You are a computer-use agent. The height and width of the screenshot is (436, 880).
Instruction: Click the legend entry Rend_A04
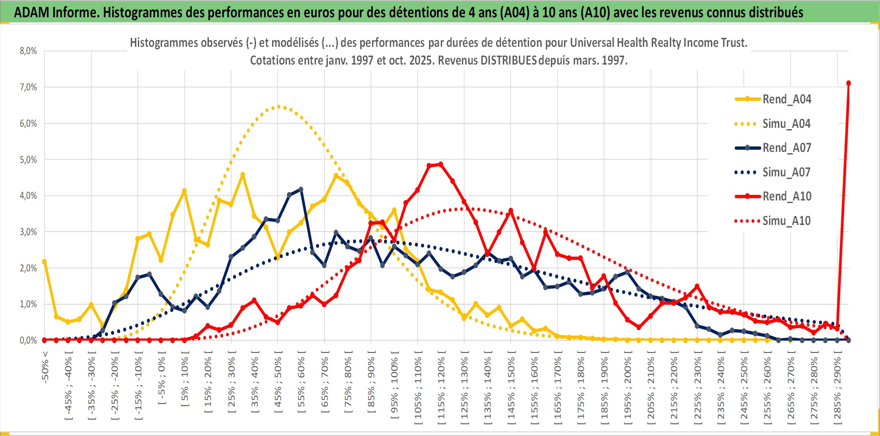coord(786,99)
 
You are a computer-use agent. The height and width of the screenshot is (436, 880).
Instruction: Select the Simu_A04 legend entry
coord(786,124)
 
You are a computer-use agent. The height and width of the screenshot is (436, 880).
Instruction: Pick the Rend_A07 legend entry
coord(786,148)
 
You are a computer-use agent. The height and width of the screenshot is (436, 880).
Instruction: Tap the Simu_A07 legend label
coord(786,172)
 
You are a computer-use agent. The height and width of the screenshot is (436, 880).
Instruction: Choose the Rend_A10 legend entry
coord(786,196)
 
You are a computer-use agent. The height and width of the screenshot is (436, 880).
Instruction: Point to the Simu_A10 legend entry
coord(786,221)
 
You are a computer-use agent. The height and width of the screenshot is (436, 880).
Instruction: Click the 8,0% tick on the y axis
coord(28,51)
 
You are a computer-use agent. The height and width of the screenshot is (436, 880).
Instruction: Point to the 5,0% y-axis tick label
coord(28,160)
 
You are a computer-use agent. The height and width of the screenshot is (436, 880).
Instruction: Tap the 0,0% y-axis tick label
coord(28,340)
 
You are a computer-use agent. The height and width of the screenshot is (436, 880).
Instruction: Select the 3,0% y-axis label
coord(28,232)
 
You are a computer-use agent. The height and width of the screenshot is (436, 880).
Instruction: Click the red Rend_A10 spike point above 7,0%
coord(848,83)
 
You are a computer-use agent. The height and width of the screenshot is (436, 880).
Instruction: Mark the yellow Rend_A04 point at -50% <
coord(44,262)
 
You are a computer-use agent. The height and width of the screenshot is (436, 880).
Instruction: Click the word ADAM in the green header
coord(31,13)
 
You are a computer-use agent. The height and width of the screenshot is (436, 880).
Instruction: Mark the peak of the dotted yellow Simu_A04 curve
coord(278,106)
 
